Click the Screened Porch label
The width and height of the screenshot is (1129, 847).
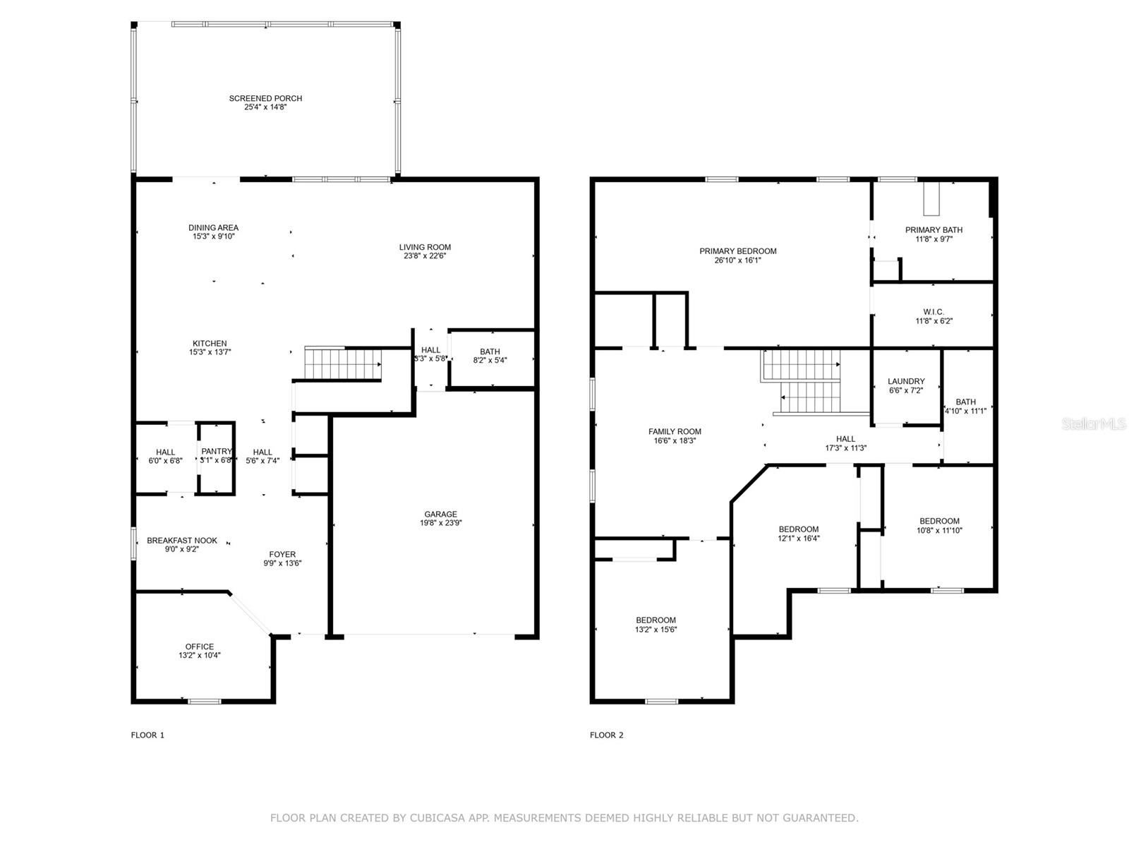[265, 98]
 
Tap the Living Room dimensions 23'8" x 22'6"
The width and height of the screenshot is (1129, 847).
[425, 256]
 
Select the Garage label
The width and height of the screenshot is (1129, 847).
[441, 514]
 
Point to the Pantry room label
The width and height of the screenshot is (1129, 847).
[217, 451]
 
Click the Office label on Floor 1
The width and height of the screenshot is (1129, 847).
[200, 647]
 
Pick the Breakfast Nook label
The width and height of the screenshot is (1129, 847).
[182, 541]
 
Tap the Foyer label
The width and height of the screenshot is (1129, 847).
[282, 554]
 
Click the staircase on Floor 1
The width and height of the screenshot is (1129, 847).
[342, 364]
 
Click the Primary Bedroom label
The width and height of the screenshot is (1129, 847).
[738, 251]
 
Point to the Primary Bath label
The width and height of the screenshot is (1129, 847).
[934, 230]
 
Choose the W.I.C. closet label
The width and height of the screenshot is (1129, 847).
[934, 312]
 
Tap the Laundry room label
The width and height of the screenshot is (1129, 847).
[906, 381]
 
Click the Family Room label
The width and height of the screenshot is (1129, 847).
[675, 431]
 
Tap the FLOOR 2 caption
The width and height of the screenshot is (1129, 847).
[606, 735]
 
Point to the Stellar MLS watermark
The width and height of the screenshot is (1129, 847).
[1094, 423]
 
